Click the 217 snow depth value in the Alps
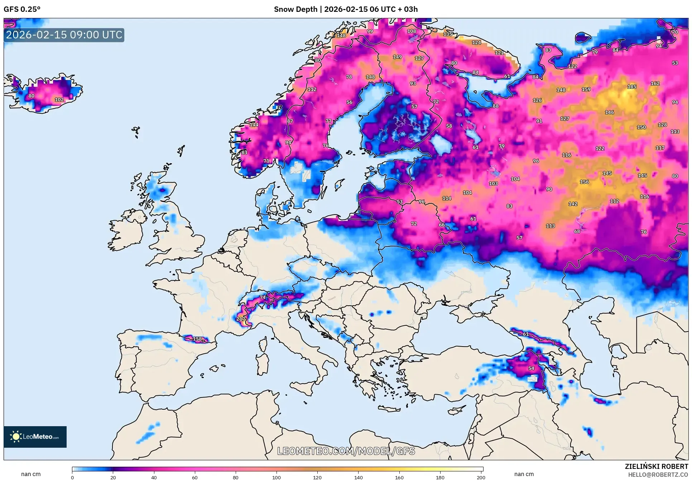(241, 319)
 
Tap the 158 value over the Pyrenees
(197, 339)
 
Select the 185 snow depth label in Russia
(632, 86)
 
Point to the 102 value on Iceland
(59, 100)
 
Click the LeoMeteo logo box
(35, 437)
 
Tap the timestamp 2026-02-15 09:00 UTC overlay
(64, 35)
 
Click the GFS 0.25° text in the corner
(22, 9)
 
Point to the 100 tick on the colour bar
(277, 477)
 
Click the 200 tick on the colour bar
(481, 477)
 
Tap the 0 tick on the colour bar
(72, 477)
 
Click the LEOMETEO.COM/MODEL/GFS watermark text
(346, 451)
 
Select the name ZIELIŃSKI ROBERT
(656, 466)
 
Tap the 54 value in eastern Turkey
(531, 368)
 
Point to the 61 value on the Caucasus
(525, 334)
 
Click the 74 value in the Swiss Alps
(263, 297)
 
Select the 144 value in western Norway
(254, 124)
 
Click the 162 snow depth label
(655, 83)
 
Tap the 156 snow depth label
(584, 182)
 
